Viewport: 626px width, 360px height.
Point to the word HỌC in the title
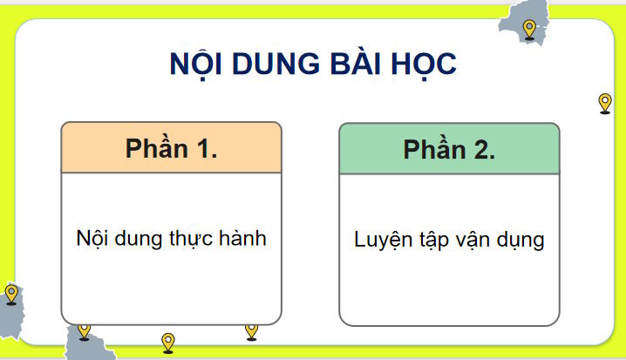(x=425, y=66)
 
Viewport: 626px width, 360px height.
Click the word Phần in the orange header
(x=156, y=148)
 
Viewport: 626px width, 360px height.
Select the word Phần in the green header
(x=434, y=149)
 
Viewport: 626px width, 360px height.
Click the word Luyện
(x=382, y=240)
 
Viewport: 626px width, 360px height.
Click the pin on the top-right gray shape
(x=529, y=30)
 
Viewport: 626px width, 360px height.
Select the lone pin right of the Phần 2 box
(x=605, y=104)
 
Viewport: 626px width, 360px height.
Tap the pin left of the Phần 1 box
(x=11, y=294)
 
